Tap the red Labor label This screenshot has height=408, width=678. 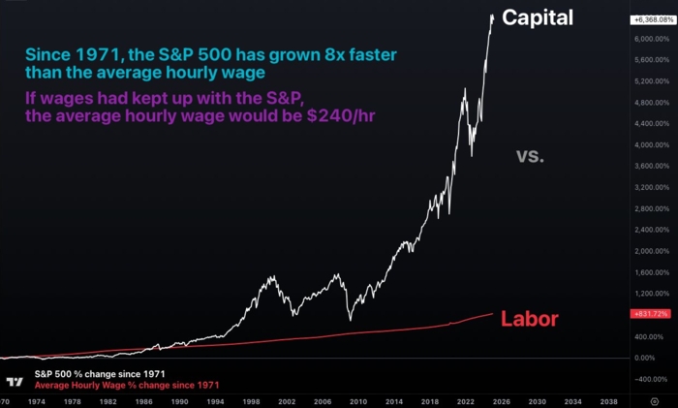pos(530,319)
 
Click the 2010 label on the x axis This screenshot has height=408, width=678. pos(358,399)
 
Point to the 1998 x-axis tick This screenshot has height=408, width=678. pos(250,399)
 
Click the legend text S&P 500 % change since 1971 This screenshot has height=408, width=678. pos(100,373)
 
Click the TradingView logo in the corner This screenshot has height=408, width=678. pos(15,381)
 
